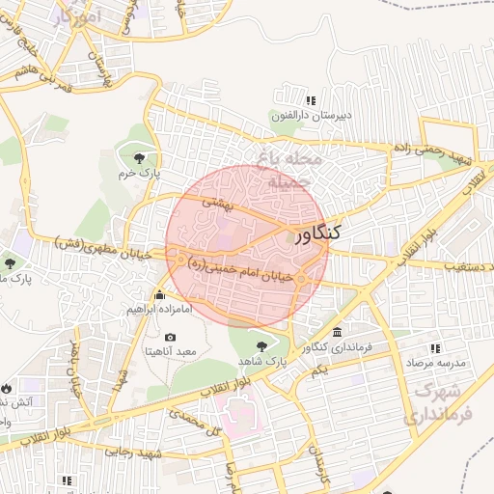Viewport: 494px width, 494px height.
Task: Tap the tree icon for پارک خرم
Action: pyautogui.click(x=141, y=157)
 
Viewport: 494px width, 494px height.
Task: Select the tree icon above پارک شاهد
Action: pyautogui.click(x=260, y=344)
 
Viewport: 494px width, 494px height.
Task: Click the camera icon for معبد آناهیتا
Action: pyautogui.click(x=170, y=337)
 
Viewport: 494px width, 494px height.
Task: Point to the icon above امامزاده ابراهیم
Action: pyautogui.click(x=159, y=294)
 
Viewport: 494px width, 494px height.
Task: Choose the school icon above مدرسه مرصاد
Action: pyautogui.click(x=435, y=347)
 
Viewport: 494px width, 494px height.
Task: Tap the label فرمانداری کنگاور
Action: pyautogui.click(x=336, y=346)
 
